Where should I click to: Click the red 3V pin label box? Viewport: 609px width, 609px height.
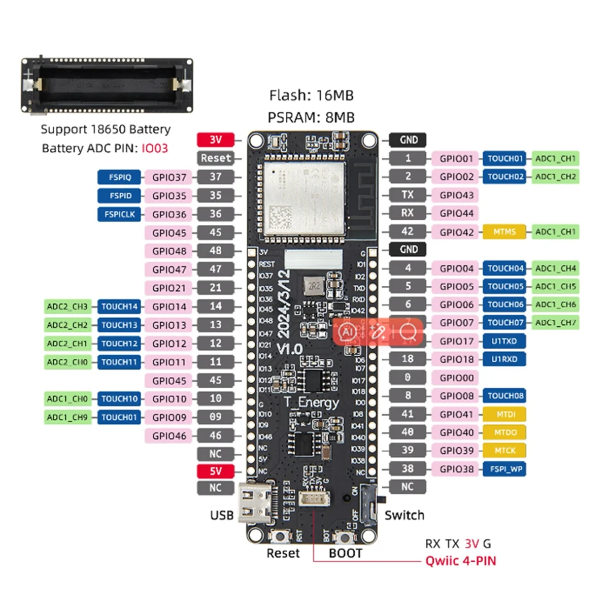pos(216,140)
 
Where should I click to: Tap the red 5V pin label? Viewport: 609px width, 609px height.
pos(216,471)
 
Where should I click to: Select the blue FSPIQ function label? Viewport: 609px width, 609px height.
pos(119,177)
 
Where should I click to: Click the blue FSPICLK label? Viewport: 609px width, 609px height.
pos(119,214)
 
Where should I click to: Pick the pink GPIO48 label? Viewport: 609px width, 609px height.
pos(169,251)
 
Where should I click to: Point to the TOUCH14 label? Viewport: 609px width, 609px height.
pos(119,307)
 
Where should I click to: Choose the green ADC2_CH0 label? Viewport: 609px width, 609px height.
pos(67,362)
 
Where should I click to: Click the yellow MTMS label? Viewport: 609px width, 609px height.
pos(504,232)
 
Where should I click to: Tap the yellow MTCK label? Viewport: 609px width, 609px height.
pos(504,451)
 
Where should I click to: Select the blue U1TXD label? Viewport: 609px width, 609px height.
pos(504,341)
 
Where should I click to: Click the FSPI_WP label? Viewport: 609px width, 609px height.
pos(505,469)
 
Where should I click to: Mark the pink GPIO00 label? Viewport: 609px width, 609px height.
pos(456,378)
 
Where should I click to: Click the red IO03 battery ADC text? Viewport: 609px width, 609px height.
pos(154,148)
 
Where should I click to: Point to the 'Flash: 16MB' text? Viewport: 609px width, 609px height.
pos(311,95)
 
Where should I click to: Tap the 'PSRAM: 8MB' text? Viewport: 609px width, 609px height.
pos(311,117)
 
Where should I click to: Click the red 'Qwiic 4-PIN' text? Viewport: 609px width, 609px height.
pos(460,561)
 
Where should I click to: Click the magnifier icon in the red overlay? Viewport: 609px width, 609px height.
pos(408,332)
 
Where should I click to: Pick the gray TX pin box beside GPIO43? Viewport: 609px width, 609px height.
pos(408,195)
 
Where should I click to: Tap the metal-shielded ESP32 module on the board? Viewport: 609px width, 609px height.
pos(303,198)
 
